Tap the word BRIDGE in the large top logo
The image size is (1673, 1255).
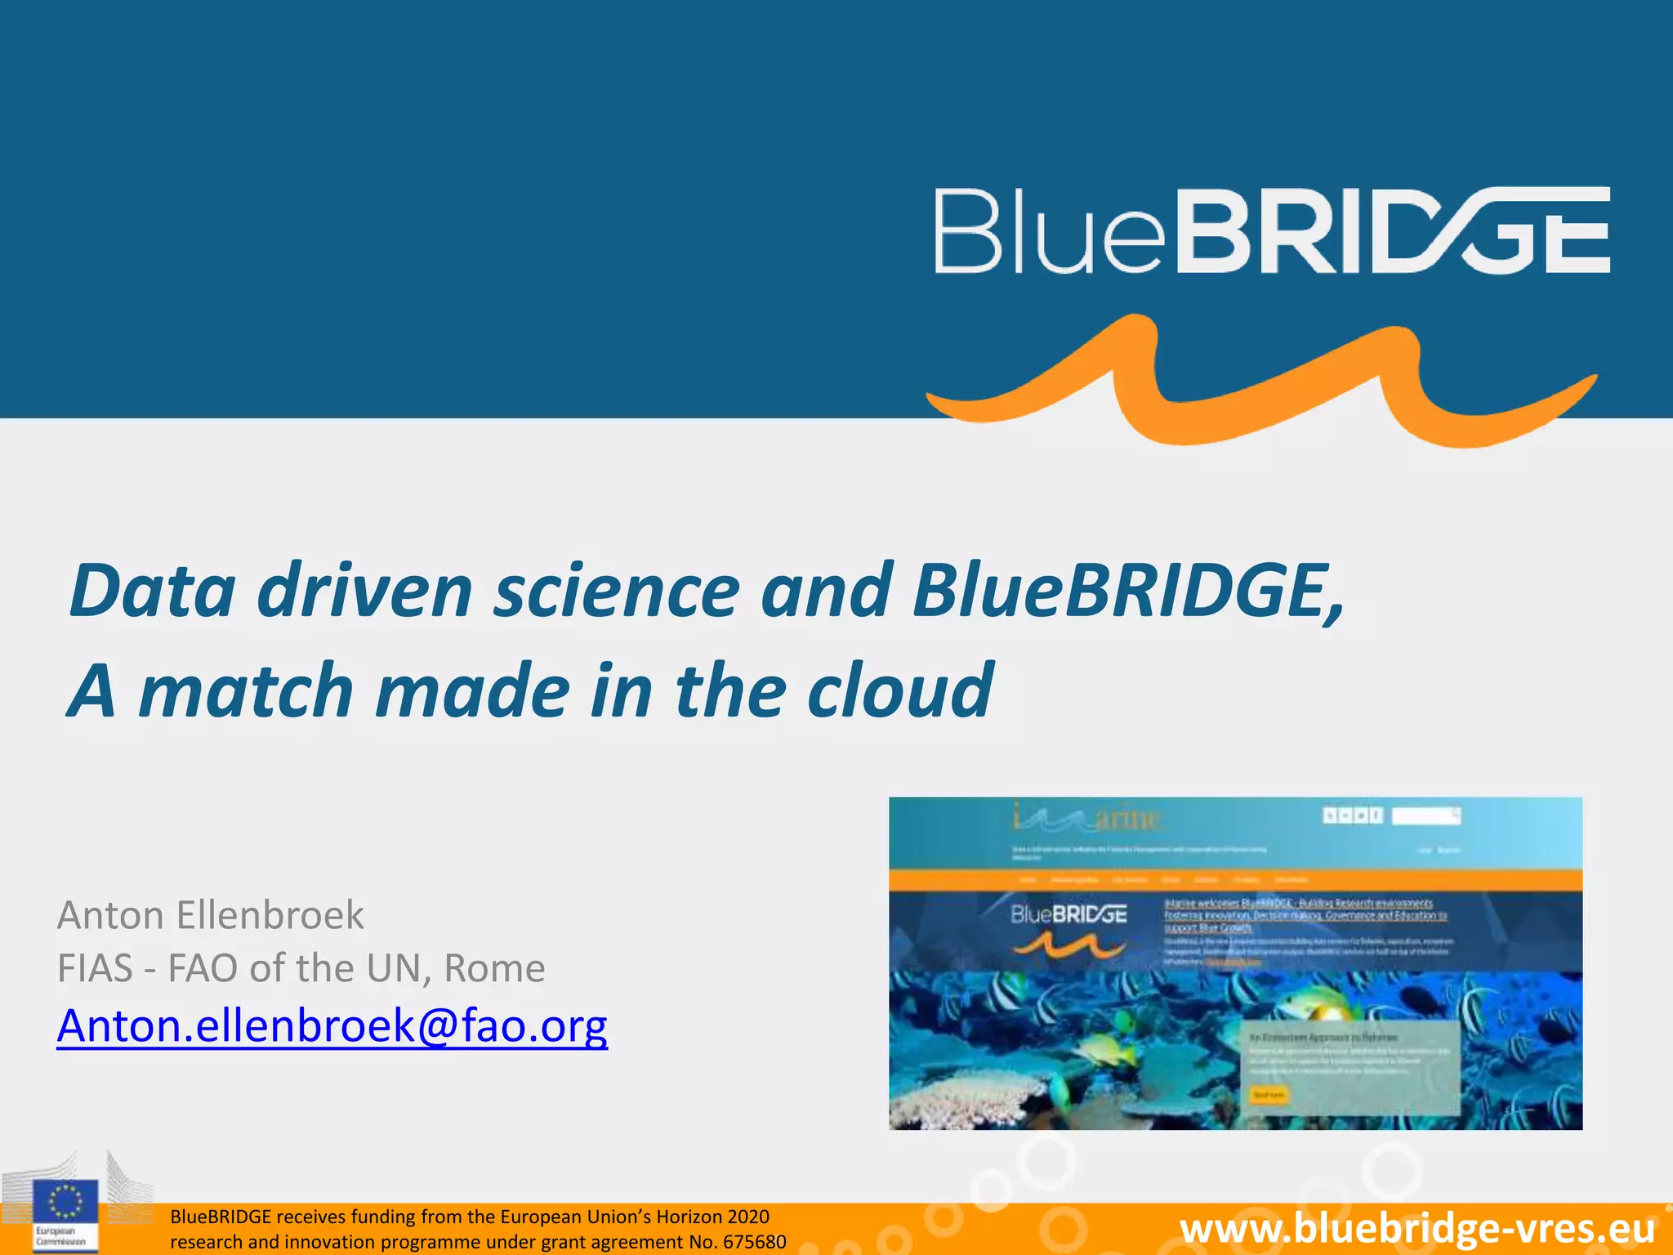point(1392,231)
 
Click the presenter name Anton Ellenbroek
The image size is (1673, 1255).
point(210,915)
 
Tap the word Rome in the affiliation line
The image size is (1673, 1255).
point(494,969)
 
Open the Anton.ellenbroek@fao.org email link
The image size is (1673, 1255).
point(332,1025)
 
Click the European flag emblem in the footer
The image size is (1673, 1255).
point(65,1202)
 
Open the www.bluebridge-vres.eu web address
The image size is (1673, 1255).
point(1417,1229)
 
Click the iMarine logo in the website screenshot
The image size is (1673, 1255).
point(1086,817)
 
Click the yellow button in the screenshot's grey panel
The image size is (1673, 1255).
point(1269,1095)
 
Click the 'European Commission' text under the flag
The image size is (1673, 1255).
point(60,1236)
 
